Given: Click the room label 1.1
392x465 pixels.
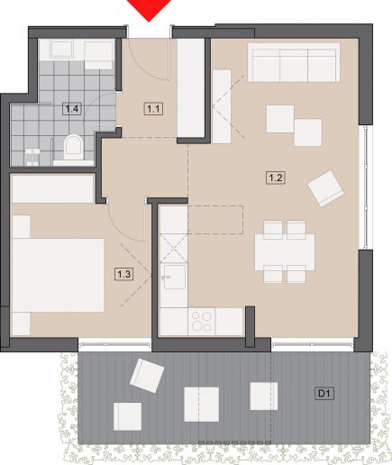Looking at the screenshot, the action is [154, 109].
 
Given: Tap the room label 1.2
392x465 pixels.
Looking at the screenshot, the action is [276, 178].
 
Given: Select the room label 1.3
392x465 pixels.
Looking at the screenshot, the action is [124, 274].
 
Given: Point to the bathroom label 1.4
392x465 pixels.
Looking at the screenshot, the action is [72, 109].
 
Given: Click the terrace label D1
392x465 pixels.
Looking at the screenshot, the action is [324, 393].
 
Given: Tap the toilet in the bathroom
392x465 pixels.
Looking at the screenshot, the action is [73, 147].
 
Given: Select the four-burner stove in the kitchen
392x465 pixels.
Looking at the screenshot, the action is [202, 321].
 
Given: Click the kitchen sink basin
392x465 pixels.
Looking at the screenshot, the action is [175, 277].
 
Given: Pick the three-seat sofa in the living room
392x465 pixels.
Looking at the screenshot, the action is [294, 62].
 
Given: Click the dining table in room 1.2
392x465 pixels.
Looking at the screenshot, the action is [285, 252].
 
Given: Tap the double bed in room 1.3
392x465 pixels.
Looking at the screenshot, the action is [58, 275].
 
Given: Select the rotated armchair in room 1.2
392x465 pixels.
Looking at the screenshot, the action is [325, 188].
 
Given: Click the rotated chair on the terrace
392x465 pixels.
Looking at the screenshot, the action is [147, 376].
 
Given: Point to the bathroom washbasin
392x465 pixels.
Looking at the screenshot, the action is [62, 50].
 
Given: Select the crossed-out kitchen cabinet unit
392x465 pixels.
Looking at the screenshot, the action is [174, 249].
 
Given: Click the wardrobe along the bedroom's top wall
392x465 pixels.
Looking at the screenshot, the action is [52, 189].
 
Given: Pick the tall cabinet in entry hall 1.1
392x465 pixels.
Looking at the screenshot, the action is [191, 88].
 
